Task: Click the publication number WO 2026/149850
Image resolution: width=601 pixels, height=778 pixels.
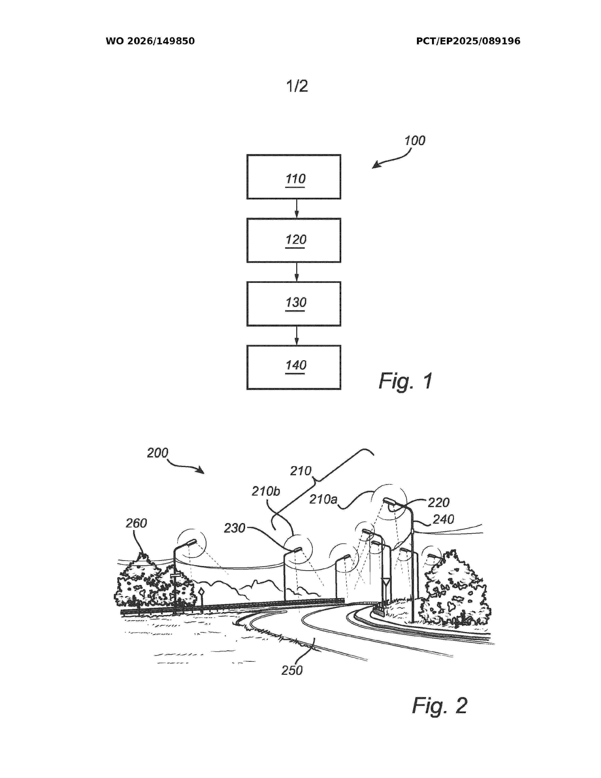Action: click(x=150, y=41)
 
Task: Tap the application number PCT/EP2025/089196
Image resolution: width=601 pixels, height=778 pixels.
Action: click(x=468, y=41)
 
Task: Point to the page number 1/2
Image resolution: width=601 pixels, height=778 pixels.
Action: click(x=297, y=86)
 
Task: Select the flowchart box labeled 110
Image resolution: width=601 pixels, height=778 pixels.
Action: click(x=294, y=177)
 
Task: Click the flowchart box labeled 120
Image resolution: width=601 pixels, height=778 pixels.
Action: click(x=294, y=240)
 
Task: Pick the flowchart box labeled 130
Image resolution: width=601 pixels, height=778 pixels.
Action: click(x=294, y=304)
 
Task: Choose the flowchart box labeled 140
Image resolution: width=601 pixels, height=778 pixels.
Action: click(x=294, y=367)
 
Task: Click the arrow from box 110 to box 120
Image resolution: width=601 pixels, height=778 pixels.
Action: click(x=296, y=208)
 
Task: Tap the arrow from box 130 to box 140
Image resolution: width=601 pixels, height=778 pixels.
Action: click(x=296, y=335)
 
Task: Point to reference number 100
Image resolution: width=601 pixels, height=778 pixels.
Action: click(x=415, y=141)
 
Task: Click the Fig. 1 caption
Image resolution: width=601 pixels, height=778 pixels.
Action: click(x=406, y=381)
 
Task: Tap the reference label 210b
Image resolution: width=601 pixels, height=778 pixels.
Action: click(x=266, y=491)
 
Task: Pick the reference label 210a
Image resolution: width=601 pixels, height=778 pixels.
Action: click(x=323, y=499)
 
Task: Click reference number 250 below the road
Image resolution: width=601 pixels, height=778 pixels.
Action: click(x=292, y=670)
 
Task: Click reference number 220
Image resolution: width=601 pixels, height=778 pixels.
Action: click(x=439, y=503)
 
